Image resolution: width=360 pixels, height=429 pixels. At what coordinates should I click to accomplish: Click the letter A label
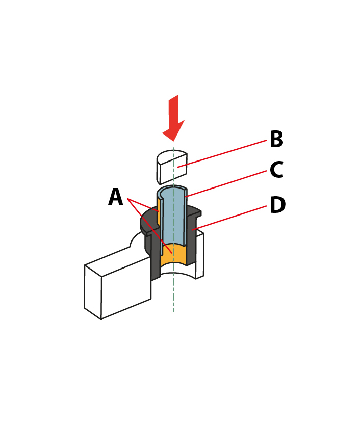click(115, 197)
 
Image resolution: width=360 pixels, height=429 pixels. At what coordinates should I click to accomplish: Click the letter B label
click(276, 139)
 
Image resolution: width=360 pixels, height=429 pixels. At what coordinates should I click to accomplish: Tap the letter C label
click(276, 170)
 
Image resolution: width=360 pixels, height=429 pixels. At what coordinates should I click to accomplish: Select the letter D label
click(277, 204)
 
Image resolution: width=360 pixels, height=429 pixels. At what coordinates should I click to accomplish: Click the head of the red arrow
click(173, 131)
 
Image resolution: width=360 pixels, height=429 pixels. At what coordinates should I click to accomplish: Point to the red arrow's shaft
click(173, 110)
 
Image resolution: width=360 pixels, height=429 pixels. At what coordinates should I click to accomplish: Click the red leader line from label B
click(222, 153)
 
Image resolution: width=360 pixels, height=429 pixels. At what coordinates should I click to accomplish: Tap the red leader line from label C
click(226, 183)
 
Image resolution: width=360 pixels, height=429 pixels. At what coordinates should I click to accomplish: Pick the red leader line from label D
click(229, 218)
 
